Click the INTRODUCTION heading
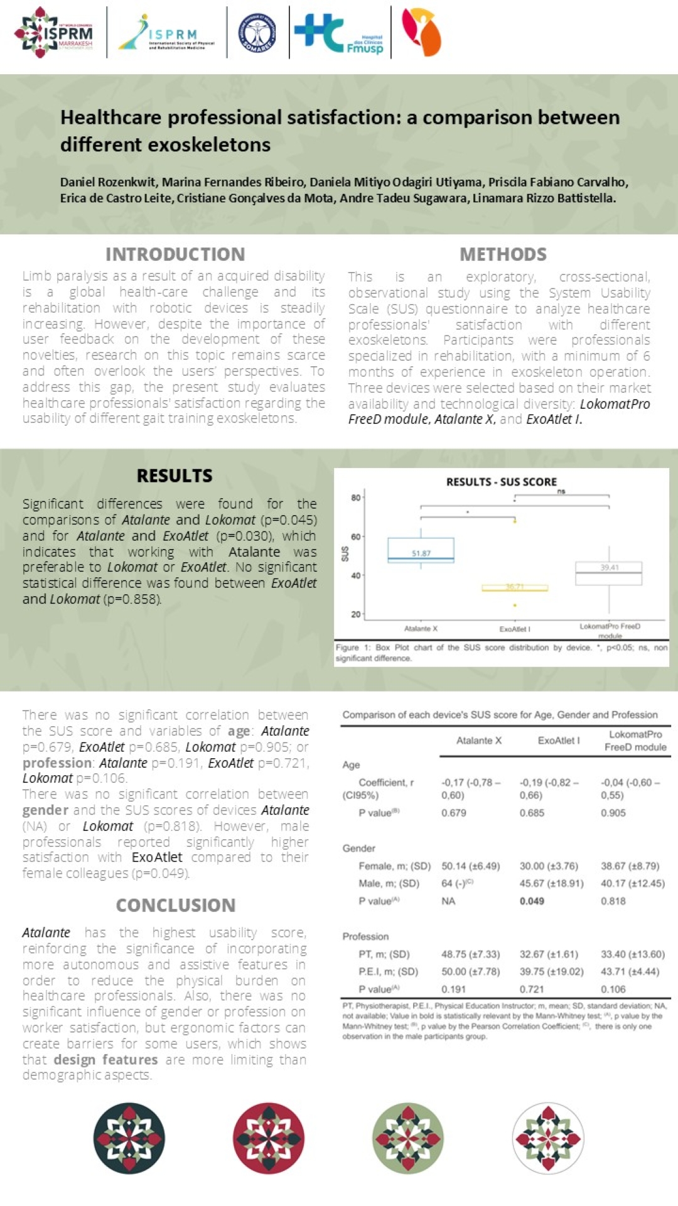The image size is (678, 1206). coord(175,254)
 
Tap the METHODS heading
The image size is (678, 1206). coord(503,254)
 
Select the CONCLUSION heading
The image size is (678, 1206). coord(176,905)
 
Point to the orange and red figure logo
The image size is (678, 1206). coord(422,33)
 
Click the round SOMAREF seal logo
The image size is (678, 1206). coord(257,33)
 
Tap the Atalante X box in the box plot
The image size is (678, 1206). coord(421,550)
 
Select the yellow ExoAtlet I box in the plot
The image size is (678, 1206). coord(515,588)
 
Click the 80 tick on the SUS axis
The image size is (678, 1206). coord(355,498)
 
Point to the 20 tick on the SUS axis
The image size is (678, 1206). coord(355,614)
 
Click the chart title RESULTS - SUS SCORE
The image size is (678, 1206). coord(501,482)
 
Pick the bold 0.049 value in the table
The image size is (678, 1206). coord(532,901)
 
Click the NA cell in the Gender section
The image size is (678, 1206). coord(448,901)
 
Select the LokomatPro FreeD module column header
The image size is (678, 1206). coord(635,741)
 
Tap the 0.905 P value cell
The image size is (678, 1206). coord(613,813)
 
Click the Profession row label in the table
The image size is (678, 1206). coord(365,936)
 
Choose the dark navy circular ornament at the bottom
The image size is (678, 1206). coord(129,1138)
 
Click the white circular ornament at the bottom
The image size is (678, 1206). coord(548,1138)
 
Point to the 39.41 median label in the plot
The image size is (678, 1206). coord(610,567)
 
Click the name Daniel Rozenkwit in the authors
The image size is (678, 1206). coord(108,182)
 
